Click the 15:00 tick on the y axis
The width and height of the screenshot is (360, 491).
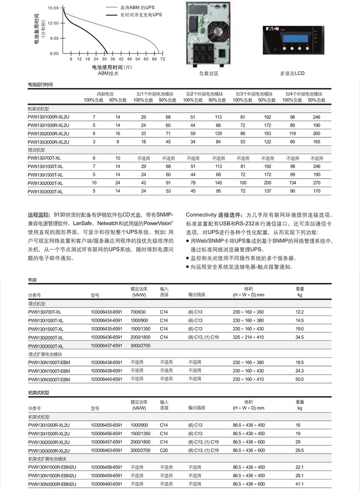click(x=53, y=8)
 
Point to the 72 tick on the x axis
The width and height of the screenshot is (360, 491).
click(x=162, y=59)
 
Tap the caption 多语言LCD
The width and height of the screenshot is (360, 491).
click(x=292, y=73)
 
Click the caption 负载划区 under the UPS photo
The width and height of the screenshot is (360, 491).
click(x=209, y=73)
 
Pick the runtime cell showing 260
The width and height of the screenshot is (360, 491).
click(x=317, y=134)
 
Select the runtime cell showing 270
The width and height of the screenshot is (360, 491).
click(x=317, y=183)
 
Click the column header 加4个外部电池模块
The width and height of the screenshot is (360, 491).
click(x=304, y=94)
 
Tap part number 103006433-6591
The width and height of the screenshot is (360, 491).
click(x=107, y=312)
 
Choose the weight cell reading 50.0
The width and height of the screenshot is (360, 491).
click(x=299, y=379)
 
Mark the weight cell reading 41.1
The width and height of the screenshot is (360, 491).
click(x=299, y=484)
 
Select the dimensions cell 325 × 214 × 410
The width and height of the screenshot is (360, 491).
click(x=248, y=337)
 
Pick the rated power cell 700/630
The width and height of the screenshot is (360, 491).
click(x=138, y=312)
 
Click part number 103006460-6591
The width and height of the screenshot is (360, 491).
click(x=107, y=484)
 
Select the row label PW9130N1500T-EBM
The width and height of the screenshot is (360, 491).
click(x=49, y=371)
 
